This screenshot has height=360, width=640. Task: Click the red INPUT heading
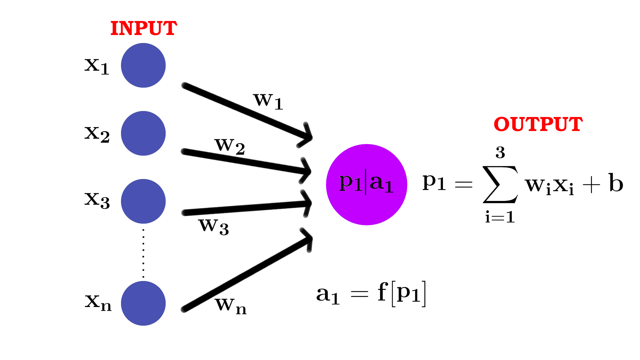[143, 28]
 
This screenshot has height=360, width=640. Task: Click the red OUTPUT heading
[538, 124]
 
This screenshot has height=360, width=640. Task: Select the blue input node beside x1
[143, 65]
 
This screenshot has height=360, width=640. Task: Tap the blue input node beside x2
[143, 133]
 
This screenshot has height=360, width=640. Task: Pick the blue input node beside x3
[143, 201]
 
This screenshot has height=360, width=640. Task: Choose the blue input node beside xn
[143, 303]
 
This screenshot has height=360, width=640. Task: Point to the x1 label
[97, 66]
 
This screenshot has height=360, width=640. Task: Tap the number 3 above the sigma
[500, 152]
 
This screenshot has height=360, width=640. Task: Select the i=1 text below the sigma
[500, 217]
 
